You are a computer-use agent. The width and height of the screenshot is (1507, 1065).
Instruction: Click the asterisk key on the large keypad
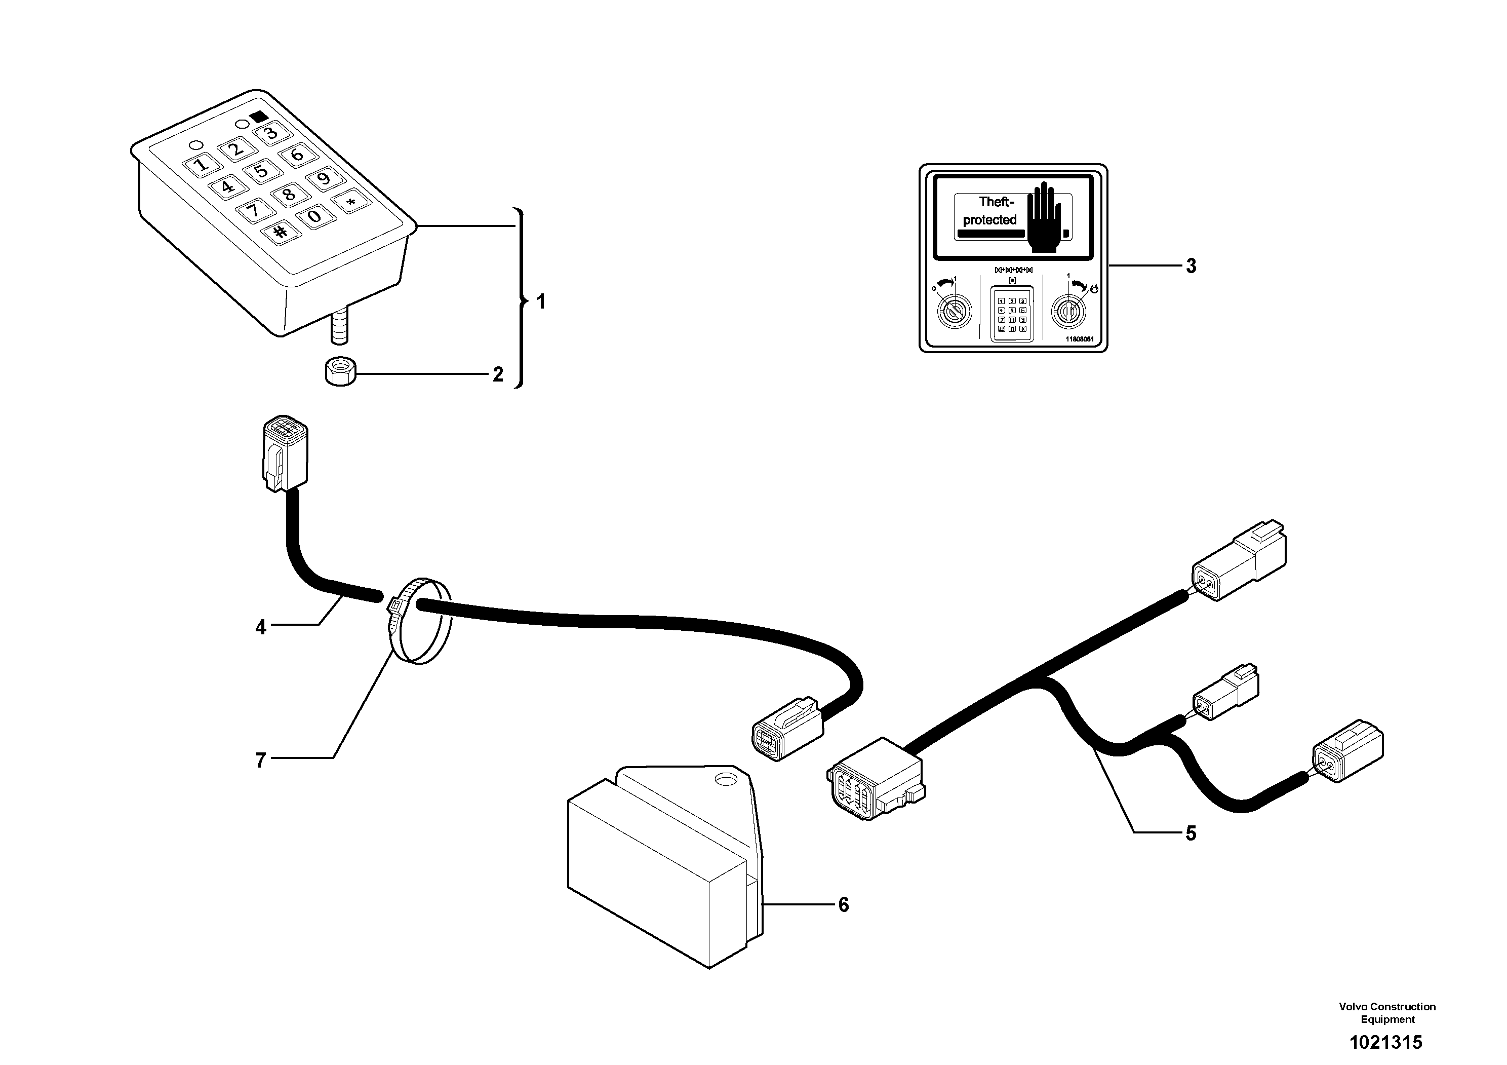coord(351,202)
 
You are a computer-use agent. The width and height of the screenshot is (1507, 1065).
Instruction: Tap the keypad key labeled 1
coord(202,164)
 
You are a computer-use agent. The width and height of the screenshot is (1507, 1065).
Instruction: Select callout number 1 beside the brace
coord(541,302)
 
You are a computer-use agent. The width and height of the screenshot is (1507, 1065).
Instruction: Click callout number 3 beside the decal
coord(1191,266)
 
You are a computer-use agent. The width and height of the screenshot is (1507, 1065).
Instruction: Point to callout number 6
coord(844,905)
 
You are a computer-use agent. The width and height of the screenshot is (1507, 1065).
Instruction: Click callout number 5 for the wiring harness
coord(1190,833)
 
